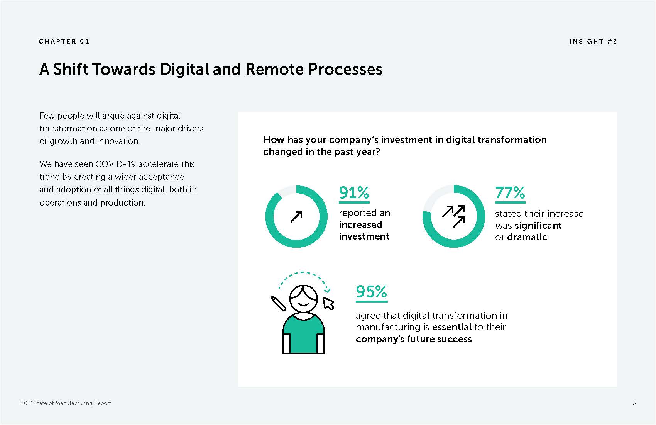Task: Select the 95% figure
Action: click(372, 292)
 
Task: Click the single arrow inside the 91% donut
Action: click(296, 217)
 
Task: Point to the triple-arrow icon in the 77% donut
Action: click(454, 216)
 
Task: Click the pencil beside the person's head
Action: click(278, 303)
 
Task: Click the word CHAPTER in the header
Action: click(57, 41)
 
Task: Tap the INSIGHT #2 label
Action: click(593, 41)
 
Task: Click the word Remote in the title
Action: click(274, 70)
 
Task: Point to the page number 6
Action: click(634, 403)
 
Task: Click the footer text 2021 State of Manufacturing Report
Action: click(66, 403)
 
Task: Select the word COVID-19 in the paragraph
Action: click(115, 164)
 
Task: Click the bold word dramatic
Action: click(527, 237)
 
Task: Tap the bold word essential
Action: click(452, 327)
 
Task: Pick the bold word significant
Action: click(538, 225)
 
